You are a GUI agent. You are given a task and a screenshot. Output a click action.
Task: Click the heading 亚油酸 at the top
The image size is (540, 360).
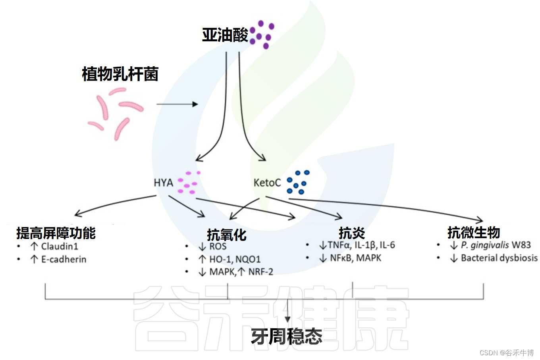pyautogui.click(x=225, y=35)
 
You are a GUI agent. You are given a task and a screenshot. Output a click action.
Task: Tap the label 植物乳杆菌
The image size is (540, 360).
pyautogui.click(x=120, y=74)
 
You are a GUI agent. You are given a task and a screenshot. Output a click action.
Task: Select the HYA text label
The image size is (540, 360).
pyautogui.click(x=163, y=183)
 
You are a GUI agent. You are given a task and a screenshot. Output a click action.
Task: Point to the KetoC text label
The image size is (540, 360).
pyautogui.click(x=267, y=183)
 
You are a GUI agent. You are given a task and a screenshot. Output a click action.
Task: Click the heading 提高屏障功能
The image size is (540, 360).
pyautogui.click(x=56, y=233)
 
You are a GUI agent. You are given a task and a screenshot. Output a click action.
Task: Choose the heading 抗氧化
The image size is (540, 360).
pyautogui.click(x=227, y=235)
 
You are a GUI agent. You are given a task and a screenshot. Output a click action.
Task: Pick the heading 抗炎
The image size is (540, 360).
pyautogui.click(x=352, y=233)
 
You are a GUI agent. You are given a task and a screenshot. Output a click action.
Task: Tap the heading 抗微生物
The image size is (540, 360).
pyautogui.click(x=473, y=232)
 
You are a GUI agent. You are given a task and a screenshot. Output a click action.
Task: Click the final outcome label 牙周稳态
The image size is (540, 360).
pyautogui.click(x=286, y=337)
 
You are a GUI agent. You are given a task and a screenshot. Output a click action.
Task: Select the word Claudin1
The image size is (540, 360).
pyautogui.click(x=60, y=246)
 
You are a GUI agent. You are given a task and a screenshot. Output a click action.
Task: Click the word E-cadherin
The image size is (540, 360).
pyautogui.click(x=64, y=259)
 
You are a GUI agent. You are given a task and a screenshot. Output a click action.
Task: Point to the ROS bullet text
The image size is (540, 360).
pyautogui.click(x=218, y=246)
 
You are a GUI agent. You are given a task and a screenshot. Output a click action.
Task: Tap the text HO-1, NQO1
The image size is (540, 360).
pyautogui.click(x=235, y=259)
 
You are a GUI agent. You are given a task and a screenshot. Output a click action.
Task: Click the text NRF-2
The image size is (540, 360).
pyautogui.click(x=260, y=272)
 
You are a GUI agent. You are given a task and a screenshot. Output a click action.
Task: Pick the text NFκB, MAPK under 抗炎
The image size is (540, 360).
pyautogui.click(x=355, y=258)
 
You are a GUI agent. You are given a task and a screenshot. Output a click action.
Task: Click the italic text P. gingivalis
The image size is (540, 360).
pyautogui.click(x=484, y=245)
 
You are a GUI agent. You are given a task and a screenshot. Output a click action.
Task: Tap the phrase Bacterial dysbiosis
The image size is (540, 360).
pyautogui.click(x=499, y=258)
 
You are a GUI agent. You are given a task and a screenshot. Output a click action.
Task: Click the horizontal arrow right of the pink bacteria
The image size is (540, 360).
pyautogui.click(x=177, y=104)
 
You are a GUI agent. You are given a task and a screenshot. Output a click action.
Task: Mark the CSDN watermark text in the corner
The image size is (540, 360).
pyautogui.click(x=506, y=352)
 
